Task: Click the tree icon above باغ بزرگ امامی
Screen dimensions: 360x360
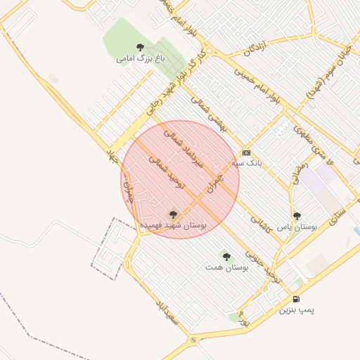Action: point(141,48)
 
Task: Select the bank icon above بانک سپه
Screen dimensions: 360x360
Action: point(246,153)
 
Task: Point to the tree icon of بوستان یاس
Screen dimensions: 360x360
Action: point(297,217)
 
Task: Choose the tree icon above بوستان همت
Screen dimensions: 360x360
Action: point(226,257)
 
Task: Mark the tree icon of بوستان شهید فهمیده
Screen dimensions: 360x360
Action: point(173,213)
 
